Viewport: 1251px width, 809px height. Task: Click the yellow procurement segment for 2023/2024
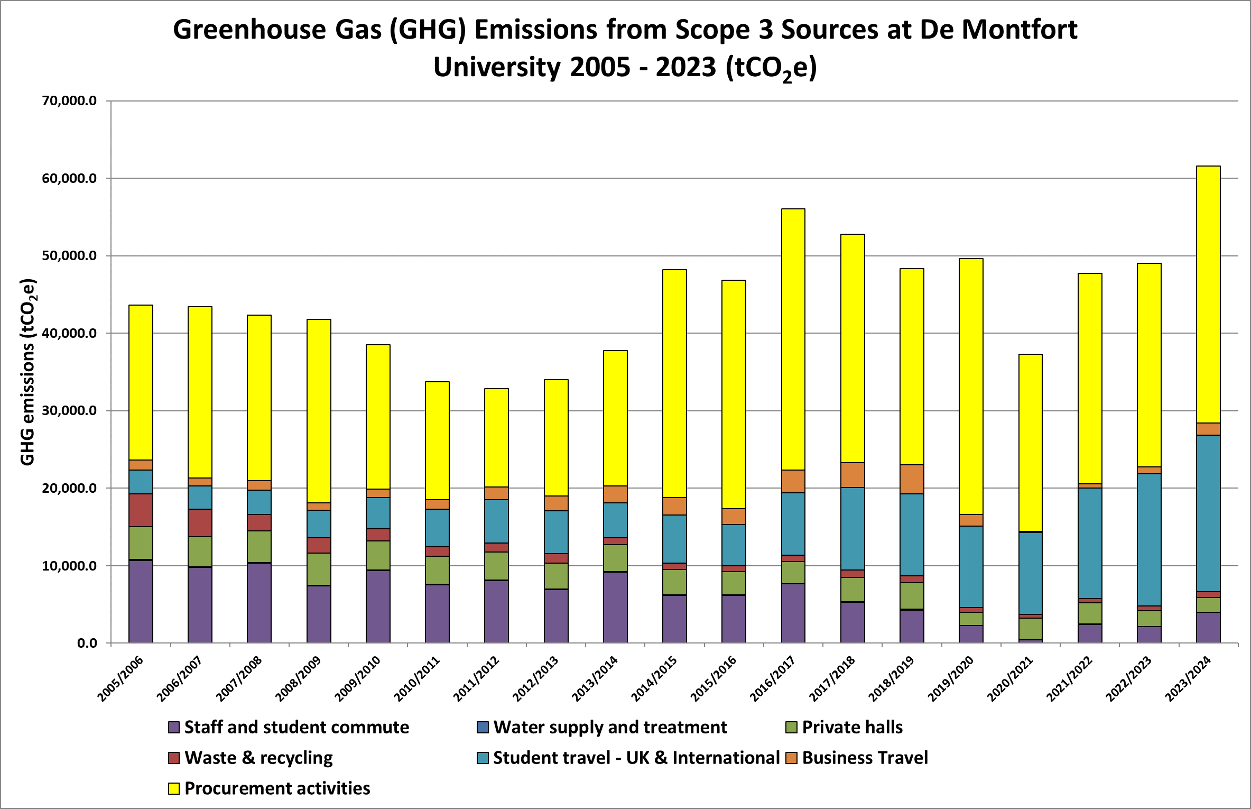click(1208, 294)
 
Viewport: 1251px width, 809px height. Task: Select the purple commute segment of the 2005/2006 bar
click(141, 601)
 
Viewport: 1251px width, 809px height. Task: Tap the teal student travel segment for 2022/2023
click(1149, 539)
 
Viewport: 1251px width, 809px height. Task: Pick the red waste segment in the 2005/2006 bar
click(141, 510)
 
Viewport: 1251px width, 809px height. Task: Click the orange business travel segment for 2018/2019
click(912, 479)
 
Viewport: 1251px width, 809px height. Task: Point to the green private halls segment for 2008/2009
click(319, 569)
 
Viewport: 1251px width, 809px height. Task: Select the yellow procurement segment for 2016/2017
click(793, 339)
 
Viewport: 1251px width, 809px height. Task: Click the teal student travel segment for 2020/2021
click(1030, 573)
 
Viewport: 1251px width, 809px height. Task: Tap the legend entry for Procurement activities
click(277, 788)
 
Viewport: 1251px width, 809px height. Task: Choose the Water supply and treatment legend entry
click(610, 727)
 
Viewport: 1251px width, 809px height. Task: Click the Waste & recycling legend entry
click(258, 758)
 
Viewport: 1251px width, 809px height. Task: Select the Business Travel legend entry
click(865, 758)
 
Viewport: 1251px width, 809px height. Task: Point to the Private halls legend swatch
click(791, 728)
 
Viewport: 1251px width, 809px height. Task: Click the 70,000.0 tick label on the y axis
click(69, 100)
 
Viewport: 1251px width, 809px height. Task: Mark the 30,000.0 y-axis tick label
click(69, 410)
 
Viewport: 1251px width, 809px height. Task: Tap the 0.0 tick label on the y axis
click(87, 643)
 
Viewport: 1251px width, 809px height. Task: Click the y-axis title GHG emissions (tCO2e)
click(27, 372)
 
